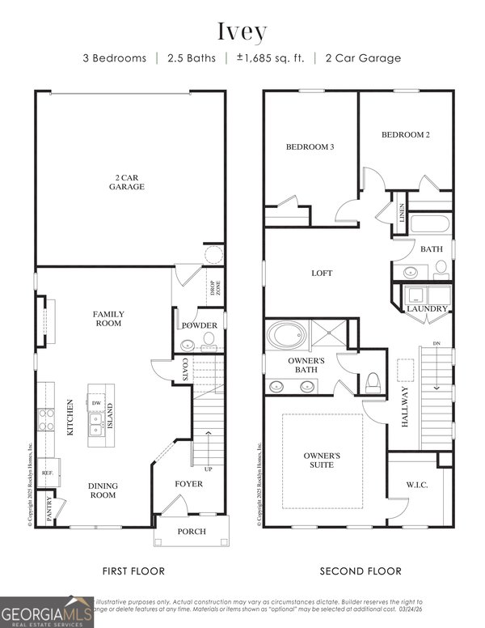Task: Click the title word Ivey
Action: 242,32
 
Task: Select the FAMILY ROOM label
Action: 108,318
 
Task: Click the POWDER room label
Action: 199,325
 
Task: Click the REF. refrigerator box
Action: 48,472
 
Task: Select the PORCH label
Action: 191,532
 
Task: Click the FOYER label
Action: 189,484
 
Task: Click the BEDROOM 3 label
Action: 310,146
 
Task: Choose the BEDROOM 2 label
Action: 405,134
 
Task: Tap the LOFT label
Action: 322,274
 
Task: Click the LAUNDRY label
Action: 427,308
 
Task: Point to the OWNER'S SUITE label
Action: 322,460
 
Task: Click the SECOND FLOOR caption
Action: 361,571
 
